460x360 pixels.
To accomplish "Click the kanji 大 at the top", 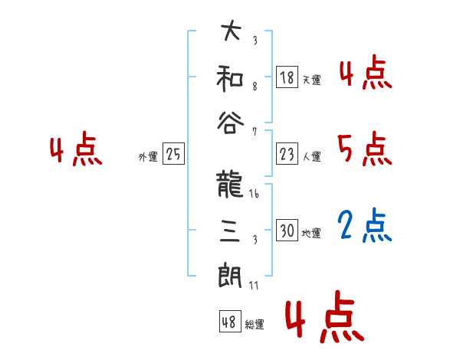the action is [x=231, y=32].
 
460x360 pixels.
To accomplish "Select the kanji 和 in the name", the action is [x=231, y=77].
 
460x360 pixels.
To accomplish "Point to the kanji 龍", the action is [x=231, y=185].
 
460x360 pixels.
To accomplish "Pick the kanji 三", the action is [x=231, y=229].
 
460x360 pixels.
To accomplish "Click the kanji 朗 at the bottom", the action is [x=231, y=273].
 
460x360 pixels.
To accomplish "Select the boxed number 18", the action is [x=287, y=77].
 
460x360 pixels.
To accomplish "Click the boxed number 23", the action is [x=287, y=154].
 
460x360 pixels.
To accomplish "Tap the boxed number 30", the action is [x=287, y=230].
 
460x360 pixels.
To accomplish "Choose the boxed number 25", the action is [x=173, y=154].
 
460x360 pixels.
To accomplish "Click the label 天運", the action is [x=311, y=80].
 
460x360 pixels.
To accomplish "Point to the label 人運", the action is [x=311, y=156].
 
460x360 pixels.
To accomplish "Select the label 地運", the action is [x=311, y=233].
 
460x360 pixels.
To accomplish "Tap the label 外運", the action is [x=147, y=156].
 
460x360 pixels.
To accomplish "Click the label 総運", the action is [x=255, y=325].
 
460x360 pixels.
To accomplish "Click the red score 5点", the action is [x=364, y=149].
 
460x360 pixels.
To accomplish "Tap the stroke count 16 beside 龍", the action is [x=255, y=195].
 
